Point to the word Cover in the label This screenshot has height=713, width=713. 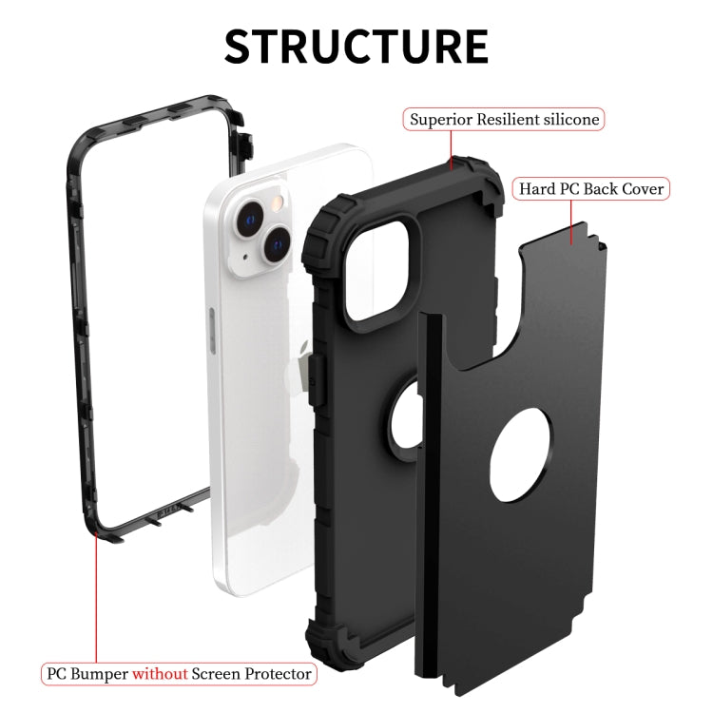pos(643,188)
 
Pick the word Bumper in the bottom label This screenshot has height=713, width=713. pos(100,674)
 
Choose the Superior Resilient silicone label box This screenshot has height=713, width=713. pos(504,120)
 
